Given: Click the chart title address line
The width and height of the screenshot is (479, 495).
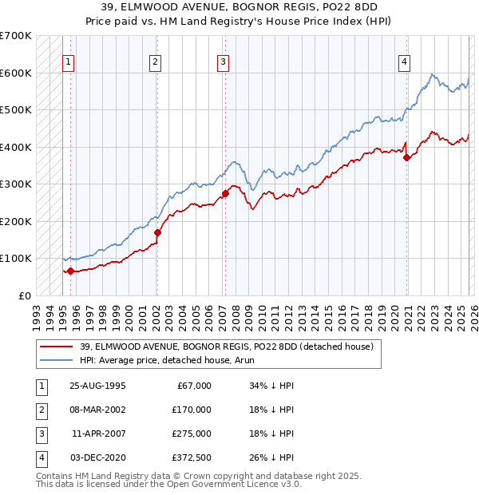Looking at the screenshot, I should tap(239, 6).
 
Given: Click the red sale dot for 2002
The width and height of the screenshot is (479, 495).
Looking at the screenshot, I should tap(157, 233).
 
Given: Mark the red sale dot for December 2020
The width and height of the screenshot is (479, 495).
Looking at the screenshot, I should tap(406, 157).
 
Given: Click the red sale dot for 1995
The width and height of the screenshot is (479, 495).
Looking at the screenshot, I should tap(70, 271).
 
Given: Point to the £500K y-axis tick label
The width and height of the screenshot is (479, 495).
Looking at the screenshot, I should tap(16, 110).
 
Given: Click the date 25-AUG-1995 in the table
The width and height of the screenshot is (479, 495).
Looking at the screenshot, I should tap(97, 386).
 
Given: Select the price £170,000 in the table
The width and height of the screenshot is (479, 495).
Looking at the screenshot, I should tap(192, 410).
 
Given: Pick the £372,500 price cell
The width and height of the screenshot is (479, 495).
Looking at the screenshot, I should tap(192, 457).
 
